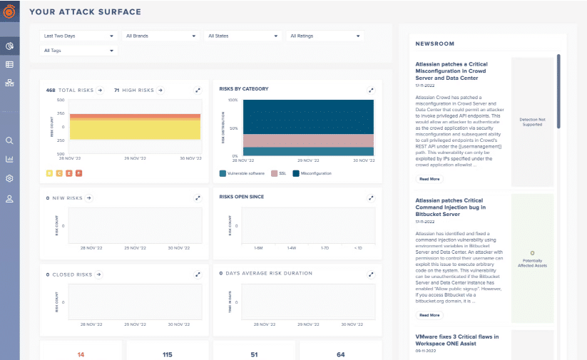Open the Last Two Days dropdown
(78, 35)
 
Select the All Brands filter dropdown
(160, 35)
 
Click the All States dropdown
(243, 35)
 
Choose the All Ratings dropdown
(325, 35)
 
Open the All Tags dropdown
(78, 50)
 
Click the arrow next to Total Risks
(100, 91)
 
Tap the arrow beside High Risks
(160, 91)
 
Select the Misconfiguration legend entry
(311, 173)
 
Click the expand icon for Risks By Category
(371, 91)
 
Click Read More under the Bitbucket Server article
(429, 314)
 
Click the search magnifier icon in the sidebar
(10, 140)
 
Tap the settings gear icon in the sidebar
(10, 178)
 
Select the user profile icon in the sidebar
(10, 198)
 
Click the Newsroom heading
(435, 43)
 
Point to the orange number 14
(81, 354)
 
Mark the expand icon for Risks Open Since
(371, 197)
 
